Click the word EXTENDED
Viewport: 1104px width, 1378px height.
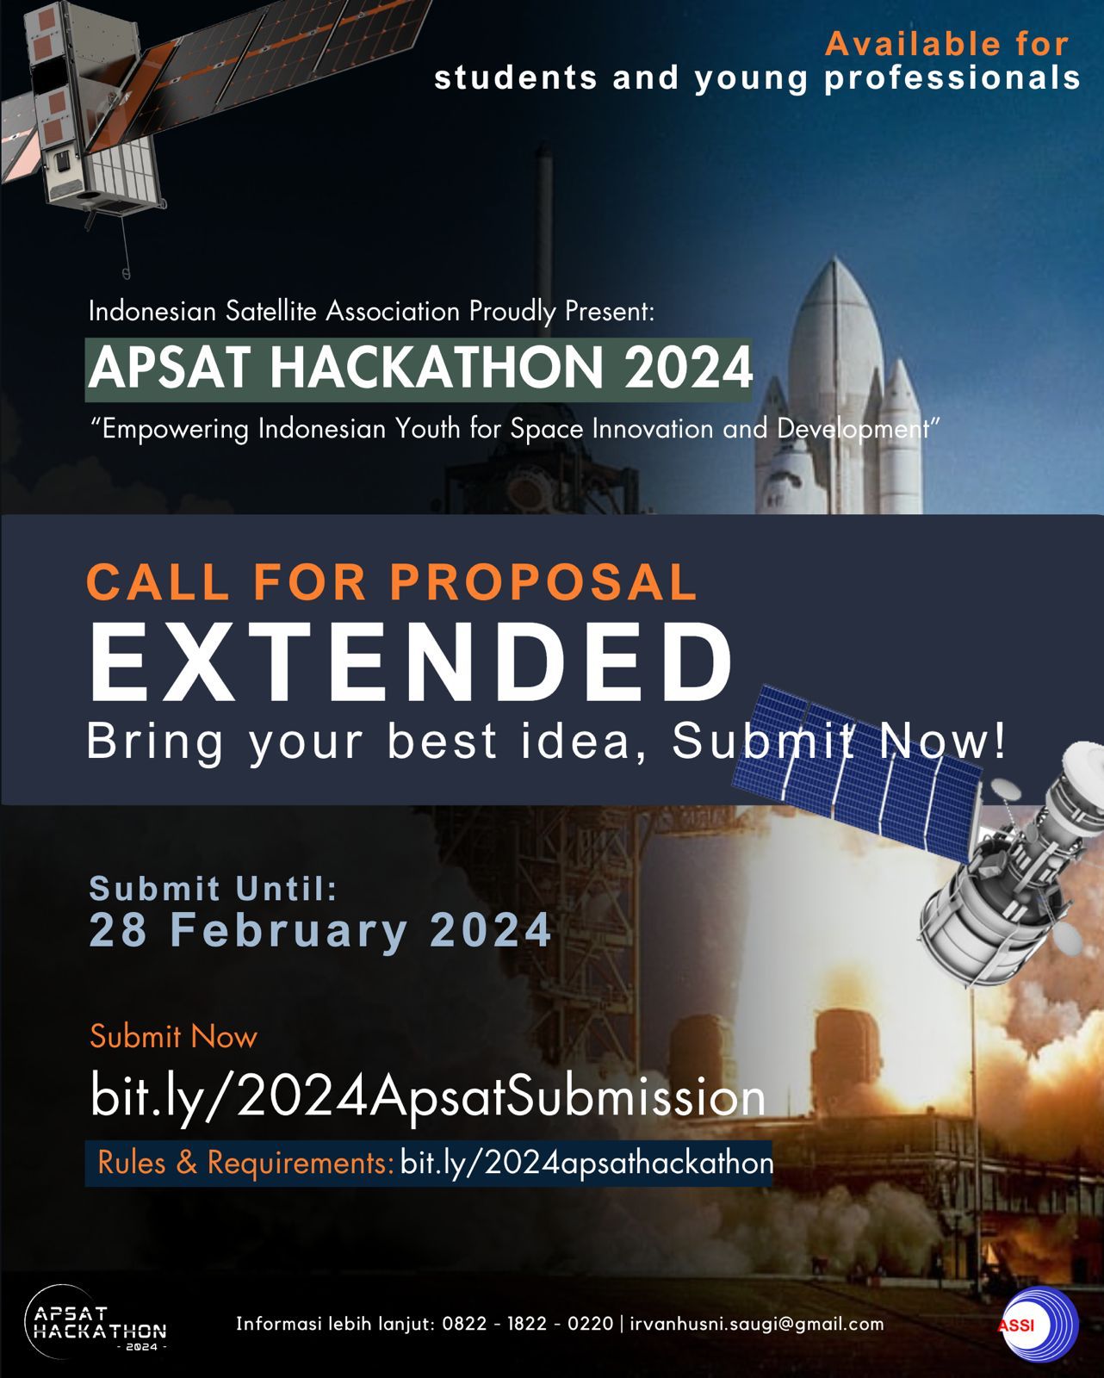tap(411, 662)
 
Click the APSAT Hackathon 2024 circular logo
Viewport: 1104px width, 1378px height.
tap(95, 1321)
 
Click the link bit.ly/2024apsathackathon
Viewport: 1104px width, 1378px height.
tap(586, 1164)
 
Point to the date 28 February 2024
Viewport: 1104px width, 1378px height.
tap(320, 930)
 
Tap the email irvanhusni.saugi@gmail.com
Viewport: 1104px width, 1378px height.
tap(757, 1324)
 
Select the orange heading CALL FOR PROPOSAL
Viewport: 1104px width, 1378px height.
tap(392, 582)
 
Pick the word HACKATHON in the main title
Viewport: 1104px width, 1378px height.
tap(437, 368)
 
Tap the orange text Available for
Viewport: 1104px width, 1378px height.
tap(946, 44)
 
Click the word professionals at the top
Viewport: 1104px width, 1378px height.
tap(952, 78)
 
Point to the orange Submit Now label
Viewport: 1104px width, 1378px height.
tap(173, 1036)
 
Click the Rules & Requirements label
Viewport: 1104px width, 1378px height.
tap(245, 1164)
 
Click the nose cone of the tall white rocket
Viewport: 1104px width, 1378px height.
tap(834, 284)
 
